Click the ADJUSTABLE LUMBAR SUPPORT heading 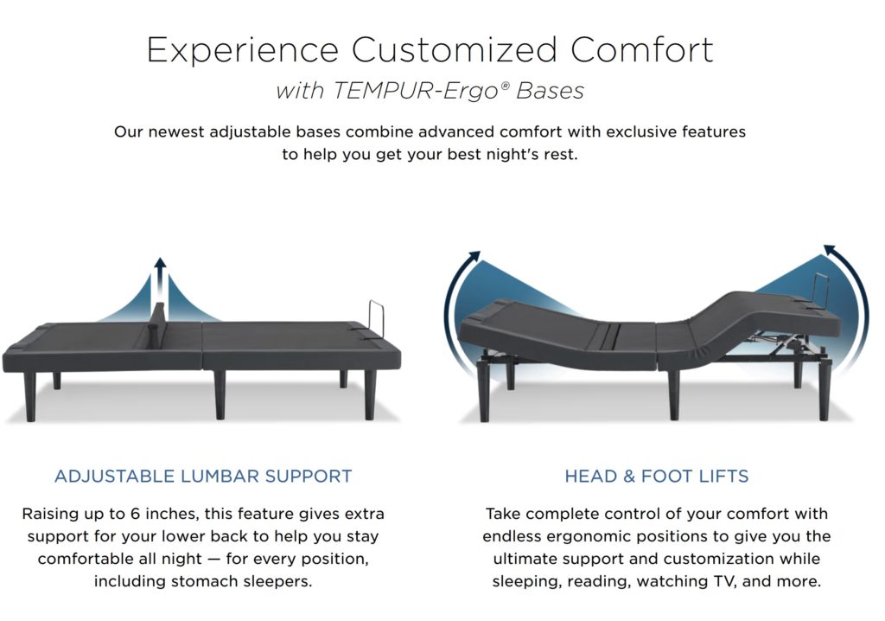203,476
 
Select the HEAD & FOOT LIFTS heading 657,476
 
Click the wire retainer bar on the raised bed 821,289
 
